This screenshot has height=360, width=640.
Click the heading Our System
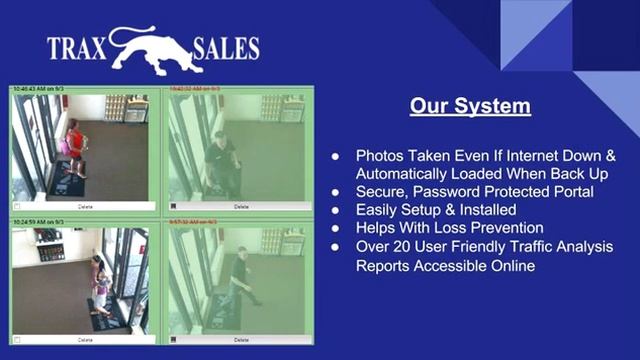click(x=469, y=106)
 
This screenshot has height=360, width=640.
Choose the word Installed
click(x=484, y=210)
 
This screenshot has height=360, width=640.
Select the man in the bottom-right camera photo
click(x=239, y=276)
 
